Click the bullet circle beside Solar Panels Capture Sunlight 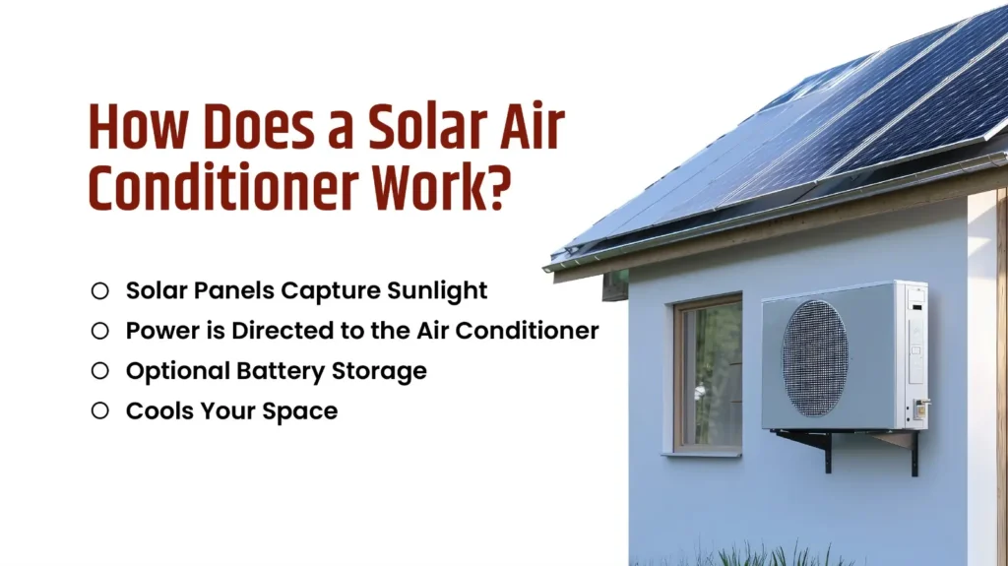coord(99,290)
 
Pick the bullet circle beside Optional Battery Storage coord(99,371)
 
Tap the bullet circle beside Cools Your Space coord(99,410)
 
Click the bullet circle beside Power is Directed coord(99,331)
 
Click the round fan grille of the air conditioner coord(815,358)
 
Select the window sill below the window coord(701,454)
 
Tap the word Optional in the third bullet coord(175,372)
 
